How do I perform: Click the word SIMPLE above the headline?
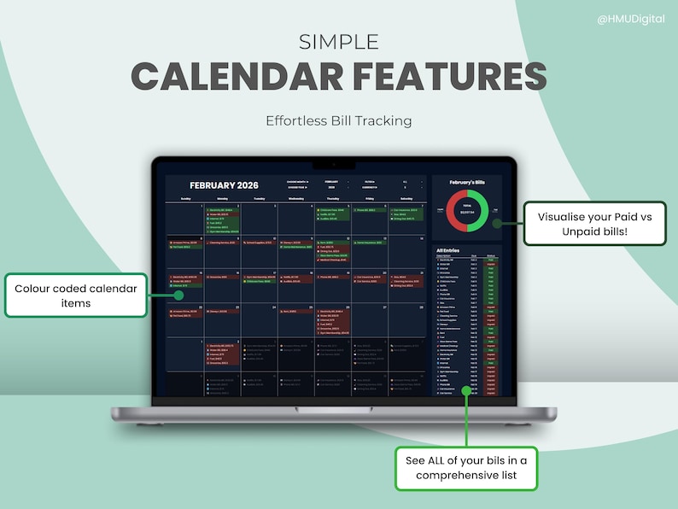tap(339, 42)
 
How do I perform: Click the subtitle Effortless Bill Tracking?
tap(339, 120)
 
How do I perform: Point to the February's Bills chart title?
tap(466, 183)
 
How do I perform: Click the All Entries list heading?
tap(449, 249)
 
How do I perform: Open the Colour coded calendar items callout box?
tap(76, 295)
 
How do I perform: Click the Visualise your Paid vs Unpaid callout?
tap(595, 224)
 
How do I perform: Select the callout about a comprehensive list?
tap(466, 468)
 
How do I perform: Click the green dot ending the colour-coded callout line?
tap(179, 295)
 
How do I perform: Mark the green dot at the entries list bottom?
tap(466, 390)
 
